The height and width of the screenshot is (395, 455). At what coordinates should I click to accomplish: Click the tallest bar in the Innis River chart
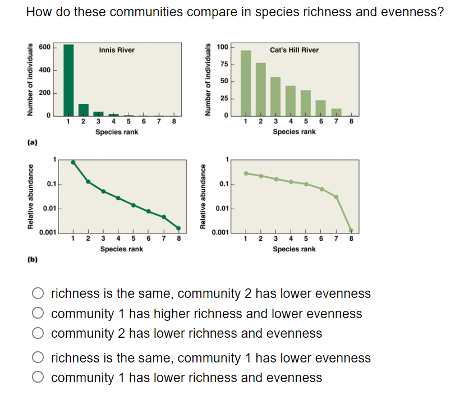[x=68, y=79]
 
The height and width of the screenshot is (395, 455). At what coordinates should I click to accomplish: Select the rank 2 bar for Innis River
[x=84, y=109]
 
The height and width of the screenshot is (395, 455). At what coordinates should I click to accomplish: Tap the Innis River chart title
[x=117, y=50]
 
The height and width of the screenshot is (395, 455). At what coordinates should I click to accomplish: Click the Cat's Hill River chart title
[x=294, y=50]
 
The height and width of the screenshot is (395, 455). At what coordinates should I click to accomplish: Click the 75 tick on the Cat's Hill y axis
[x=223, y=65]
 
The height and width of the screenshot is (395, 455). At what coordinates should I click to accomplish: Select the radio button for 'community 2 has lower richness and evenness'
[x=38, y=334]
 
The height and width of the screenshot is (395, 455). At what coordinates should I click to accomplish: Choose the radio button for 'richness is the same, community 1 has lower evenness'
[x=38, y=358]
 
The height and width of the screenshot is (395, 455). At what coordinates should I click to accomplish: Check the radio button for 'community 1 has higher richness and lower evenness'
[x=38, y=314]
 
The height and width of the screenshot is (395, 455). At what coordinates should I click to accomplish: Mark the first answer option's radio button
[x=38, y=293]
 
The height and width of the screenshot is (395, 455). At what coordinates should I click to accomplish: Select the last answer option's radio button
[x=38, y=378]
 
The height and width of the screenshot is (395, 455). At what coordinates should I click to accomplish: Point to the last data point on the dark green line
[x=178, y=228]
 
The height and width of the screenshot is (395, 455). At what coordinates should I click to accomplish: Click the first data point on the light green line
[x=246, y=173]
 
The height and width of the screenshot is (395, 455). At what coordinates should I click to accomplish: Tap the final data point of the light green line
[x=351, y=230]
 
